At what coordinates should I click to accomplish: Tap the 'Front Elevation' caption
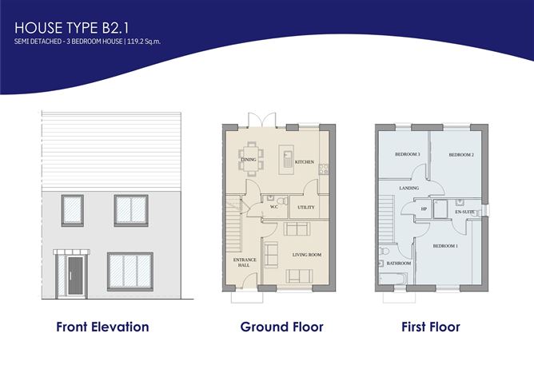click(102, 327)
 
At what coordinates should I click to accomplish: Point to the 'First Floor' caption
click(432, 327)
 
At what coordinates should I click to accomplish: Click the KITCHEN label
click(305, 162)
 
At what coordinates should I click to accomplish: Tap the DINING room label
click(249, 160)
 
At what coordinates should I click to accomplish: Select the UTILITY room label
click(306, 208)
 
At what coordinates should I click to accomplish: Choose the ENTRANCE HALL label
click(241, 261)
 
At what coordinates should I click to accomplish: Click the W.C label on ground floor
click(273, 206)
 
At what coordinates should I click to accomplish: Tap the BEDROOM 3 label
click(408, 153)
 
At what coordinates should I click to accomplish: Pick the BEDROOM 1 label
click(445, 245)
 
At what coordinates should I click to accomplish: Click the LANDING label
click(409, 188)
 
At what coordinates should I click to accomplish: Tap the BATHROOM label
click(398, 264)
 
